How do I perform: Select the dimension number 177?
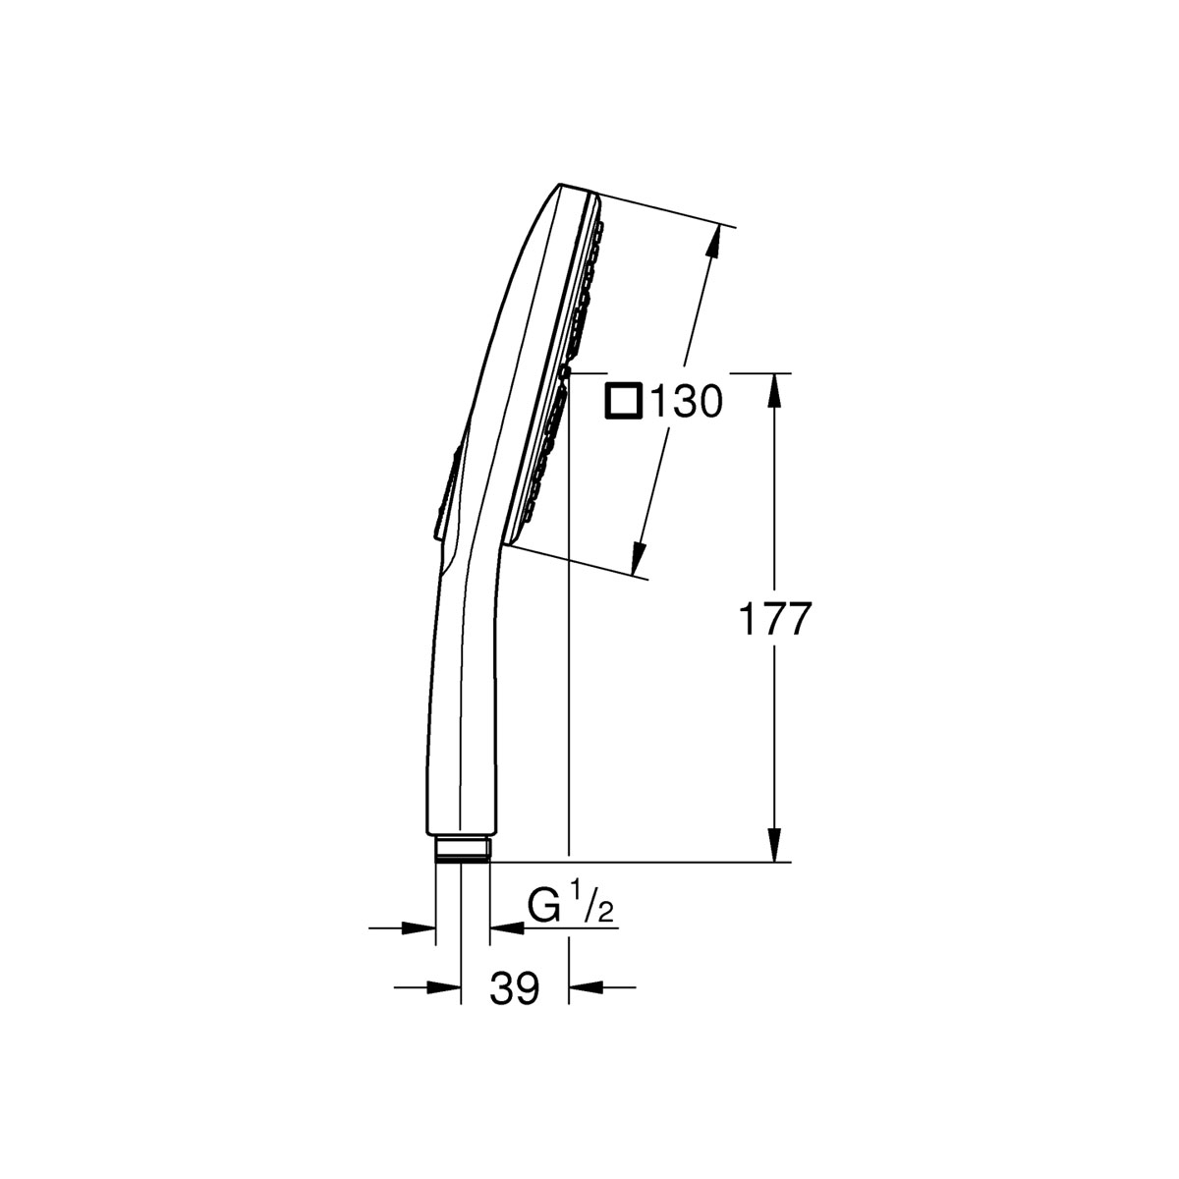(x=774, y=619)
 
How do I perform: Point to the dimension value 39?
(x=514, y=989)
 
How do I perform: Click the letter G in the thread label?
(x=546, y=906)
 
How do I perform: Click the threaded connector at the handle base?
(x=462, y=849)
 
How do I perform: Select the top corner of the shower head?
(x=561, y=185)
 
